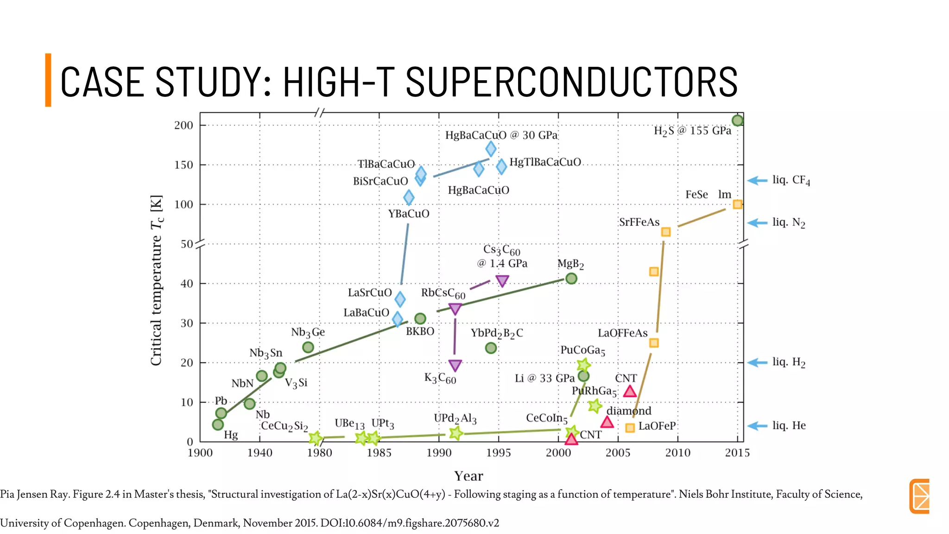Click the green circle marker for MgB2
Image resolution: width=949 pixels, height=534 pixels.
click(x=571, y=279)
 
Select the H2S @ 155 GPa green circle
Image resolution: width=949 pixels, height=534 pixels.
click(x=737, y=121)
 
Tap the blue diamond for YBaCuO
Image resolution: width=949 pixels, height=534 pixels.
click(x=409, y=197)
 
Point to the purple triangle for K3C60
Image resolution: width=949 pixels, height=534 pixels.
click(x=455, y=365)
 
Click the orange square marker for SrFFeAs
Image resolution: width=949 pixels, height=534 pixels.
click(x=665, y=232)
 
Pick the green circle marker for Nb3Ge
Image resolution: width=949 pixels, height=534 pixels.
click(x=308, y=347)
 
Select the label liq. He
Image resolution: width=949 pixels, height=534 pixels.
click(x=789, y=426)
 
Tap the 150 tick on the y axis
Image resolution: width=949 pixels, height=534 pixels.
click(x=183, y=165)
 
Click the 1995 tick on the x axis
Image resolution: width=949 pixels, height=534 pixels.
click(x=498, y=453)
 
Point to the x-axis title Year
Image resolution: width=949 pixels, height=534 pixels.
click(x=468, y=476)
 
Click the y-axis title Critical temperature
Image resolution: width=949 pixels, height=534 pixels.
click(x=157, y=280)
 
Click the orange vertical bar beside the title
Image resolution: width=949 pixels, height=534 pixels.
click(x=48, y=80)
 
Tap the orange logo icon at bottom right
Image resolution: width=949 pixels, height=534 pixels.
click(x=919, y=496)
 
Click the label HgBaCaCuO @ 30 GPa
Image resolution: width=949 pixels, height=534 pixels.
click(x=501, y=135)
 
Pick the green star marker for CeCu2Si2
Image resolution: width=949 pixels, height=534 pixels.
click(x=315, y=438)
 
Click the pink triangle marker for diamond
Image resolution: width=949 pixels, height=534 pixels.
click(x=607, y=422)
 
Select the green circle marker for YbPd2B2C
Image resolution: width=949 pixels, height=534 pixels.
click(x=491, y=348)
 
